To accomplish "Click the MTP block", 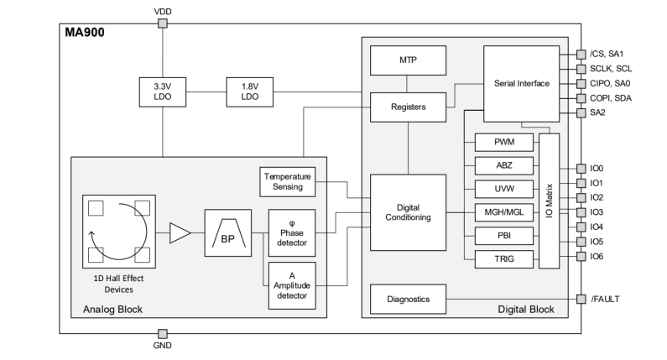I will (x=409, y=61).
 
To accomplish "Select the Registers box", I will (x=409, y=107).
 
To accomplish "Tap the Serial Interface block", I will (x=521, y=83).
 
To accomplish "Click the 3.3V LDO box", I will (x=162, y=91).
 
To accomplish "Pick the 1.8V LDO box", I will (x=249, y=91).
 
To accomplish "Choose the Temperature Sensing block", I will (x=288, y=181).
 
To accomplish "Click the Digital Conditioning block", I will (x=409, y=211).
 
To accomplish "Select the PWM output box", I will (x=504, y=143).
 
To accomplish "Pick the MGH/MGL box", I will (x=504, y=212).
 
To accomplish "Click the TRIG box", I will (x=504, y=259).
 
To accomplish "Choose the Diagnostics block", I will (x=409, y=299).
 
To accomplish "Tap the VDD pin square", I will (x=162, y=23).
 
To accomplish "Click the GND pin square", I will (x=162, y=333).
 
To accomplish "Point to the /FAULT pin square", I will (x=581, y=299).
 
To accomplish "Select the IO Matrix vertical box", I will (x=550, y=201).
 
